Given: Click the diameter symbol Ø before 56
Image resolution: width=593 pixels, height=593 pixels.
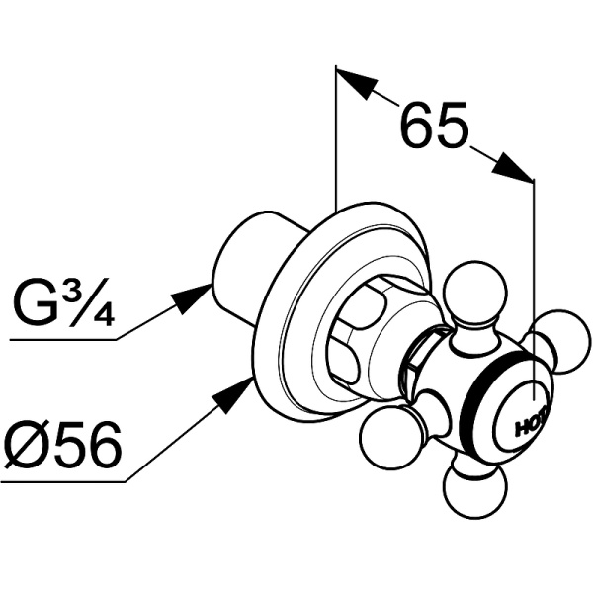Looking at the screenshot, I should pos(25,447).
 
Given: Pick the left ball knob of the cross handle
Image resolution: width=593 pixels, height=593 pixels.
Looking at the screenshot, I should pos(382,439).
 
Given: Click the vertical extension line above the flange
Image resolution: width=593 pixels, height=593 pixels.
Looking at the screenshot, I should pos(336,138).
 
